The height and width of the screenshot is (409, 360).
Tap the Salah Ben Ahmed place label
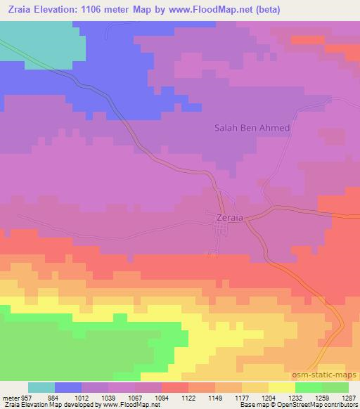(252, 129)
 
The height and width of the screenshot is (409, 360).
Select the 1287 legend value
(349, 397)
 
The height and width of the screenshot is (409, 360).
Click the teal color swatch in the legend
(41, 387)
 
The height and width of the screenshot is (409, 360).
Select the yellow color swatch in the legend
(282, 387)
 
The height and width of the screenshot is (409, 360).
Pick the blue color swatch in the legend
(68, 387)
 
